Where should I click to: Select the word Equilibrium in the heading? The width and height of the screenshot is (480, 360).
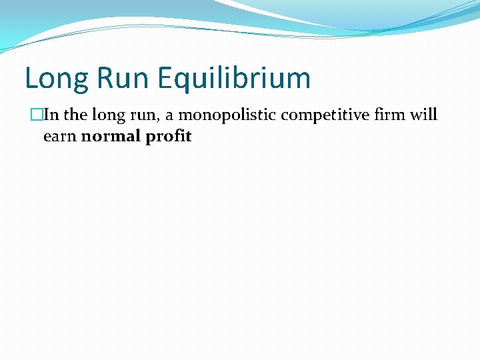(235, 79)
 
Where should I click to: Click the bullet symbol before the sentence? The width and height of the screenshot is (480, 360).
(36, 115)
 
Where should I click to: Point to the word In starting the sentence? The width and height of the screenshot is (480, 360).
(51, 115)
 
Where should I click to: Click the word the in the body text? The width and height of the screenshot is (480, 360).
(75, 115)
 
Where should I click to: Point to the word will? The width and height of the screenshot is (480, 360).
(423, 115)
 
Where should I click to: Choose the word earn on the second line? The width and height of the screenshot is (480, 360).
(59, 137)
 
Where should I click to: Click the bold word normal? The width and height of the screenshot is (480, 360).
(109, 137)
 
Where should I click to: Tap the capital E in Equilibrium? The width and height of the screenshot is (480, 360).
(166, 78)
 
